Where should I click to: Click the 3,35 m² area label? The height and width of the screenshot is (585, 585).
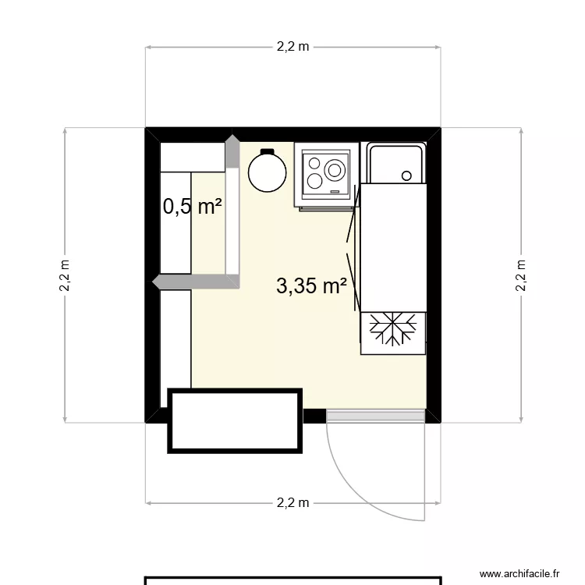pyautogui.click(x=311, y=286)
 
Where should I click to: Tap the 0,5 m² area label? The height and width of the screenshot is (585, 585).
pyautogui.click(x=192, y=207)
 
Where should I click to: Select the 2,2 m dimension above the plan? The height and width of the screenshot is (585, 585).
pyautogui.click(x=292, y=47)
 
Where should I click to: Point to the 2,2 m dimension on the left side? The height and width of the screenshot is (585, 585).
pyautogui.click(x=65, y=275)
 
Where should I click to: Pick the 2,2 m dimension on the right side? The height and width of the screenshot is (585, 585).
pyautogui.click(x=520, y=275)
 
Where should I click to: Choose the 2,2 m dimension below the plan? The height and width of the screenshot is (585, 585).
pyautogui.click(x=292, y=503)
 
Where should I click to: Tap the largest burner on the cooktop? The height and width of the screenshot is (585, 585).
pyautogui.click(x=335, y=169)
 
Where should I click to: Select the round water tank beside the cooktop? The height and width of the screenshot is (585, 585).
pyautogui.click(x=268, y=172)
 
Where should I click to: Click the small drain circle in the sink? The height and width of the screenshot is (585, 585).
pyautogui.click(x=406, y=176)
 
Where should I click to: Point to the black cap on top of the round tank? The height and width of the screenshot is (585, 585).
pyautogui.click(x=268, y=151)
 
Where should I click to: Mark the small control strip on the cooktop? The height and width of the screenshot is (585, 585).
pyautogui.click(x=335, y=191)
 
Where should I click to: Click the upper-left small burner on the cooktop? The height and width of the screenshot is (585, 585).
pyautogui.click(x=314, y=164)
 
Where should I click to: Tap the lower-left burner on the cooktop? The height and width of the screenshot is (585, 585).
pyautogui.click(x=314, y=181)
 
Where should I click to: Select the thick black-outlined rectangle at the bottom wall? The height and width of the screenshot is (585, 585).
pyautogui.click(x=235, y=421)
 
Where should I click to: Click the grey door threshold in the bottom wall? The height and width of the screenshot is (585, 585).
pyautogui.click(x=375, y=416)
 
